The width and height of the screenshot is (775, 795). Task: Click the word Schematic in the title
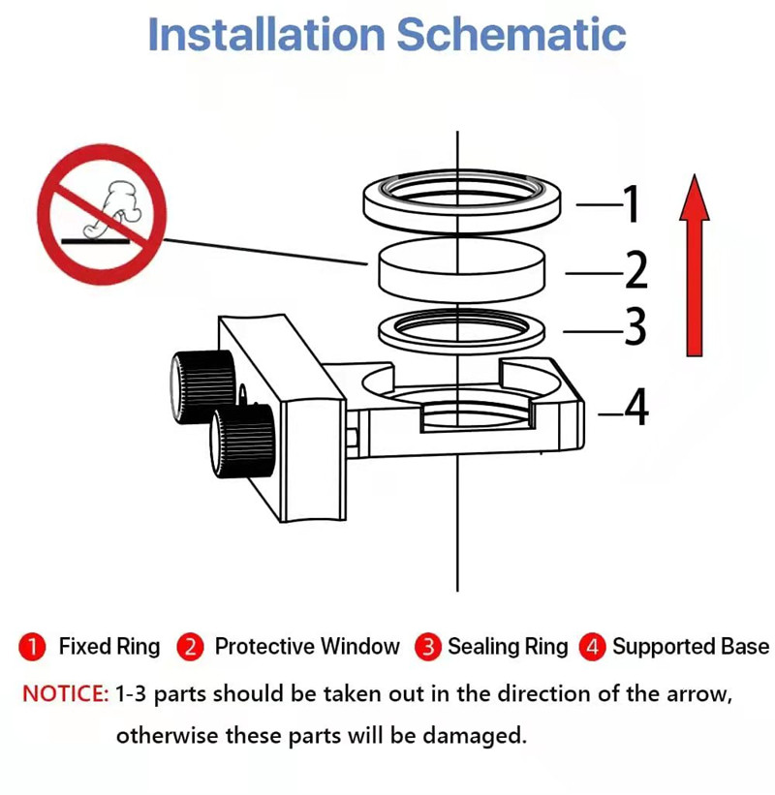click(x=511, y=34)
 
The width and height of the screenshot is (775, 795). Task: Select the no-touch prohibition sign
click(x=102, y=214)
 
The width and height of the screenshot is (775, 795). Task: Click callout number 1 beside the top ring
click(x=631, y=204)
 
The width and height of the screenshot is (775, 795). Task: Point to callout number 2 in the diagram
click(x=635, y=271)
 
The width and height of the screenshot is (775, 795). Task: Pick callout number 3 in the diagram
click(x=635, y=328)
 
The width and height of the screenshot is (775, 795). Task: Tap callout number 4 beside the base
click(x=635, y=410)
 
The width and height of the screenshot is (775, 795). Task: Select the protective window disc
click(x=460, y=270)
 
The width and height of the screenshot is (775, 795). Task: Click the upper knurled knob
click(x=201, y=381)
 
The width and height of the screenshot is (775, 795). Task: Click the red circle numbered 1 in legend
click(x=33, y=647)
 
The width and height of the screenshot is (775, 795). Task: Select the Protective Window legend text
click(x=306, y=647)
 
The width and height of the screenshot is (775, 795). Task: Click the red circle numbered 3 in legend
click(x=427, y=647)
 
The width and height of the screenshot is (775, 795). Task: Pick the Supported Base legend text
click(x=690, y=647)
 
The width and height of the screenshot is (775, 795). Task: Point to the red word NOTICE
click(x=64, y=694)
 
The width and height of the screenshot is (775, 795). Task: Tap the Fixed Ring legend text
click(x=108, y=647)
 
